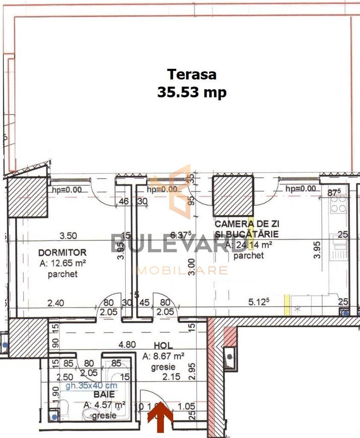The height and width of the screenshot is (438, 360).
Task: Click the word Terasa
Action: pos(192,74)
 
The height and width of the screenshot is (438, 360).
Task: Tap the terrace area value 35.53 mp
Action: pos(192,92)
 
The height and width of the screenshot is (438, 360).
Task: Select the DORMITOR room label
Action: pos(62,252)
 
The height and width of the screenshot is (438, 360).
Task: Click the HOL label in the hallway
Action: pos(163,345)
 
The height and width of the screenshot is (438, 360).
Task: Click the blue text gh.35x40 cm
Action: pos(91,386)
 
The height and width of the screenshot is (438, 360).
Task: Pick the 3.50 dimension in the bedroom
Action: pos(68,236)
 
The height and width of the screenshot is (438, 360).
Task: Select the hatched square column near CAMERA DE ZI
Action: pos(233,196)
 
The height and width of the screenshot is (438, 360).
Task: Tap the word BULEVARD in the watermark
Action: pos(169,244)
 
